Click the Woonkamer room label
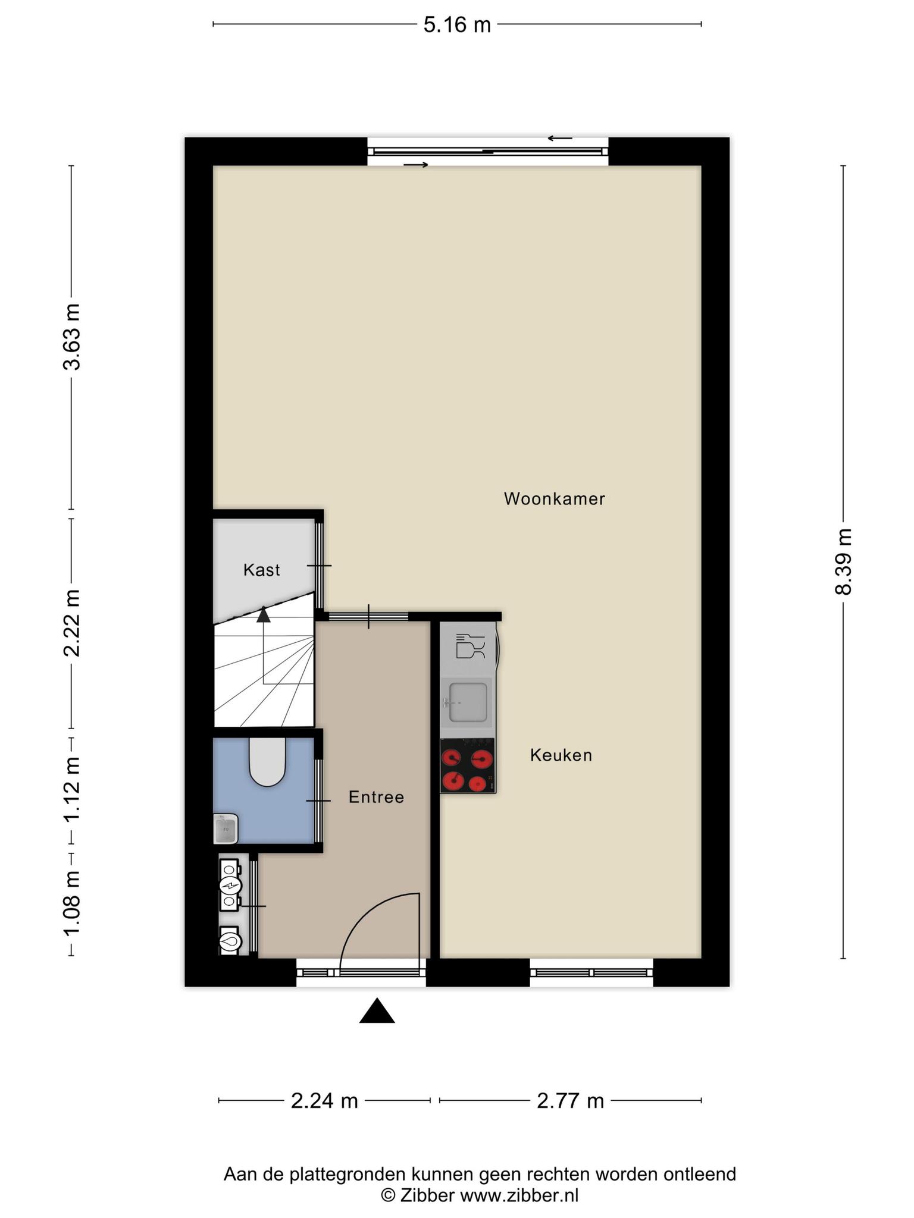pos(554,499)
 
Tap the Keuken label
pos(561,755)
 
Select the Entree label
pos(376,797)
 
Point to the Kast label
pos(262,570)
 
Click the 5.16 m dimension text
pos(457,25)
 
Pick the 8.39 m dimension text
pos(843,561)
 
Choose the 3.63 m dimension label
pos(72,337)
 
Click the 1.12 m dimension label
pos(72,789)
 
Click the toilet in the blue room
pos(268,762)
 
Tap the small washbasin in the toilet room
pos(226,829)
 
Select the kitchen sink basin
pos(468,702)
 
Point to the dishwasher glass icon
pos(470,646)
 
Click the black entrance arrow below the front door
pos(377,1011)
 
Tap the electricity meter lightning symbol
pos(229,886)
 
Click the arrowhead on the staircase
pos(263,614)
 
